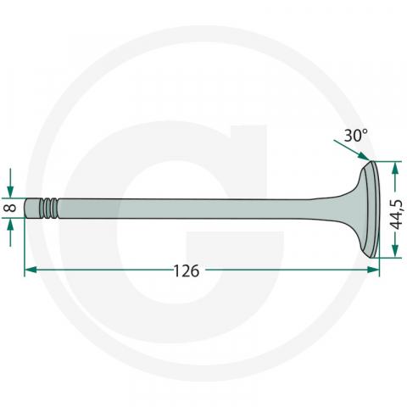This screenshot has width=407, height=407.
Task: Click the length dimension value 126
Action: [186, 270]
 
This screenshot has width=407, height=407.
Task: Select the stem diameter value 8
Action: [10, 208]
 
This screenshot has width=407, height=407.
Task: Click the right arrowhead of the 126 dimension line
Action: [373, 270]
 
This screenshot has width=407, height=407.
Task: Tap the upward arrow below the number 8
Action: [10, 226]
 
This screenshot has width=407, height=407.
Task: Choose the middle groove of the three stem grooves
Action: [50, 208]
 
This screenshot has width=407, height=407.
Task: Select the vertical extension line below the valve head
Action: [379, 265]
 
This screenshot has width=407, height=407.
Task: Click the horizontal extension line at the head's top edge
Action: [386, 161]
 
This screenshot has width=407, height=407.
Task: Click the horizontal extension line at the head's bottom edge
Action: [386, 257]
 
